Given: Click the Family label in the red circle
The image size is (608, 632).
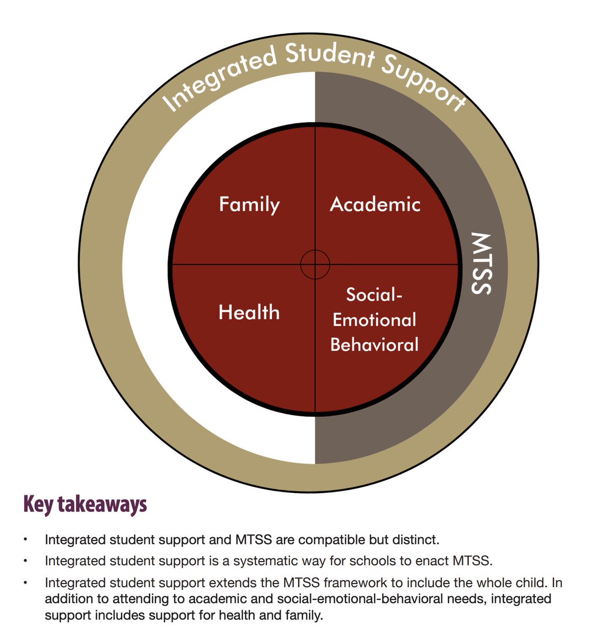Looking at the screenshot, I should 249,204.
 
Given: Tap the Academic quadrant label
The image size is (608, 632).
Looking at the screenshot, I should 375,204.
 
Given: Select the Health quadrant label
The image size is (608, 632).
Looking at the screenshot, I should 249,312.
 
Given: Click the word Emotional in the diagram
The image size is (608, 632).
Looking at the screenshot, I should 374,320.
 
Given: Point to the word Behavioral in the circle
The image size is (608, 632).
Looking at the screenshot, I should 374,344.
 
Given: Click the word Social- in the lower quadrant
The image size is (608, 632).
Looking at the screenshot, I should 374,294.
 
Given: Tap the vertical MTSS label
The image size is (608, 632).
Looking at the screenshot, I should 480,263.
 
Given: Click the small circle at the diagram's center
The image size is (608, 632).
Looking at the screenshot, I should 315,264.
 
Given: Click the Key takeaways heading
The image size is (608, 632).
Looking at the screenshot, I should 85,504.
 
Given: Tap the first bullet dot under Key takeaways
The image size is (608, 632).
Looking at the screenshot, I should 25,539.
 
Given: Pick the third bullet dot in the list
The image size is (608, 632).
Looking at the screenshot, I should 25,583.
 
